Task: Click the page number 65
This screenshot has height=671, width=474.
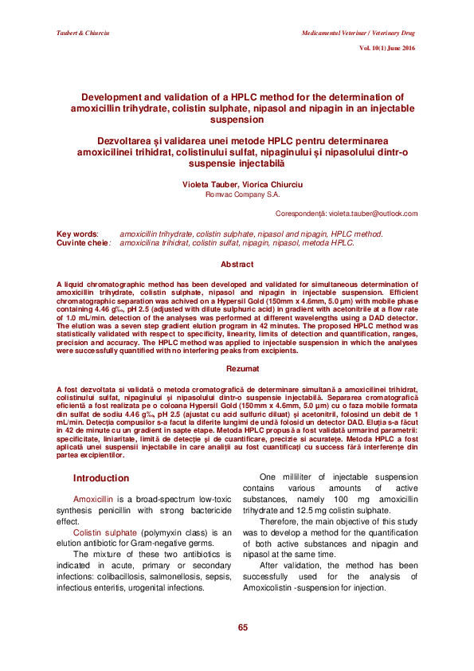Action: tap(242, 628)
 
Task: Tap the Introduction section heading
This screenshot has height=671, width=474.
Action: tap(100, 478)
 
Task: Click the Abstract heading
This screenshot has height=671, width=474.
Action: tap(237, 264)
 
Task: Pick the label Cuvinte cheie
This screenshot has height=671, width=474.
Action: tap(82, 242)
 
